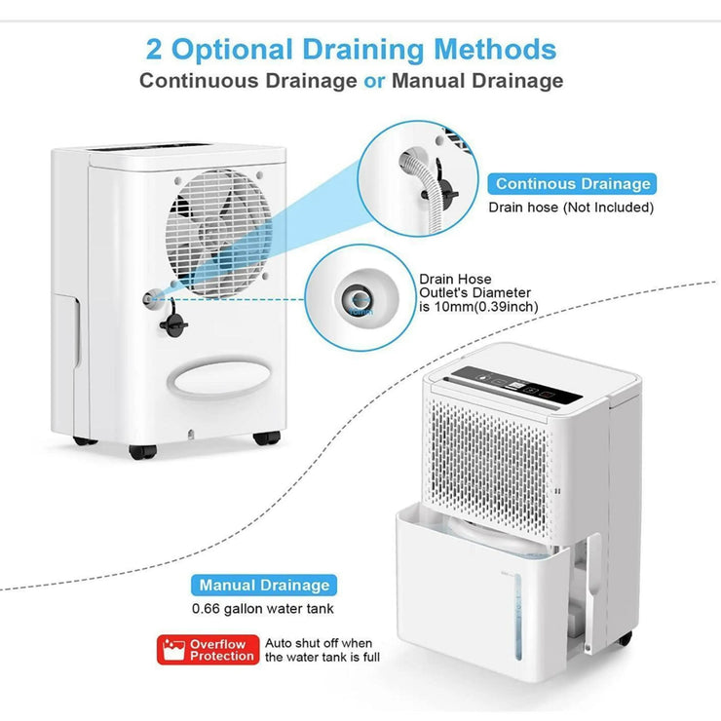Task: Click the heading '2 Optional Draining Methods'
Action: (351, 48)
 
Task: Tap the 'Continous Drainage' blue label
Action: (572, 183)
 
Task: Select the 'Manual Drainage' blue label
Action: (263, 586)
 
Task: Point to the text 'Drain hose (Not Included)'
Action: (571, 208)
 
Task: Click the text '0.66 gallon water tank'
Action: (263, 610)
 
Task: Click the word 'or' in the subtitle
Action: (374, 81)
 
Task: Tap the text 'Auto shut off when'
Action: (318, 643)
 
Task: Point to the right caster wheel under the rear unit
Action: (262, 438)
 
